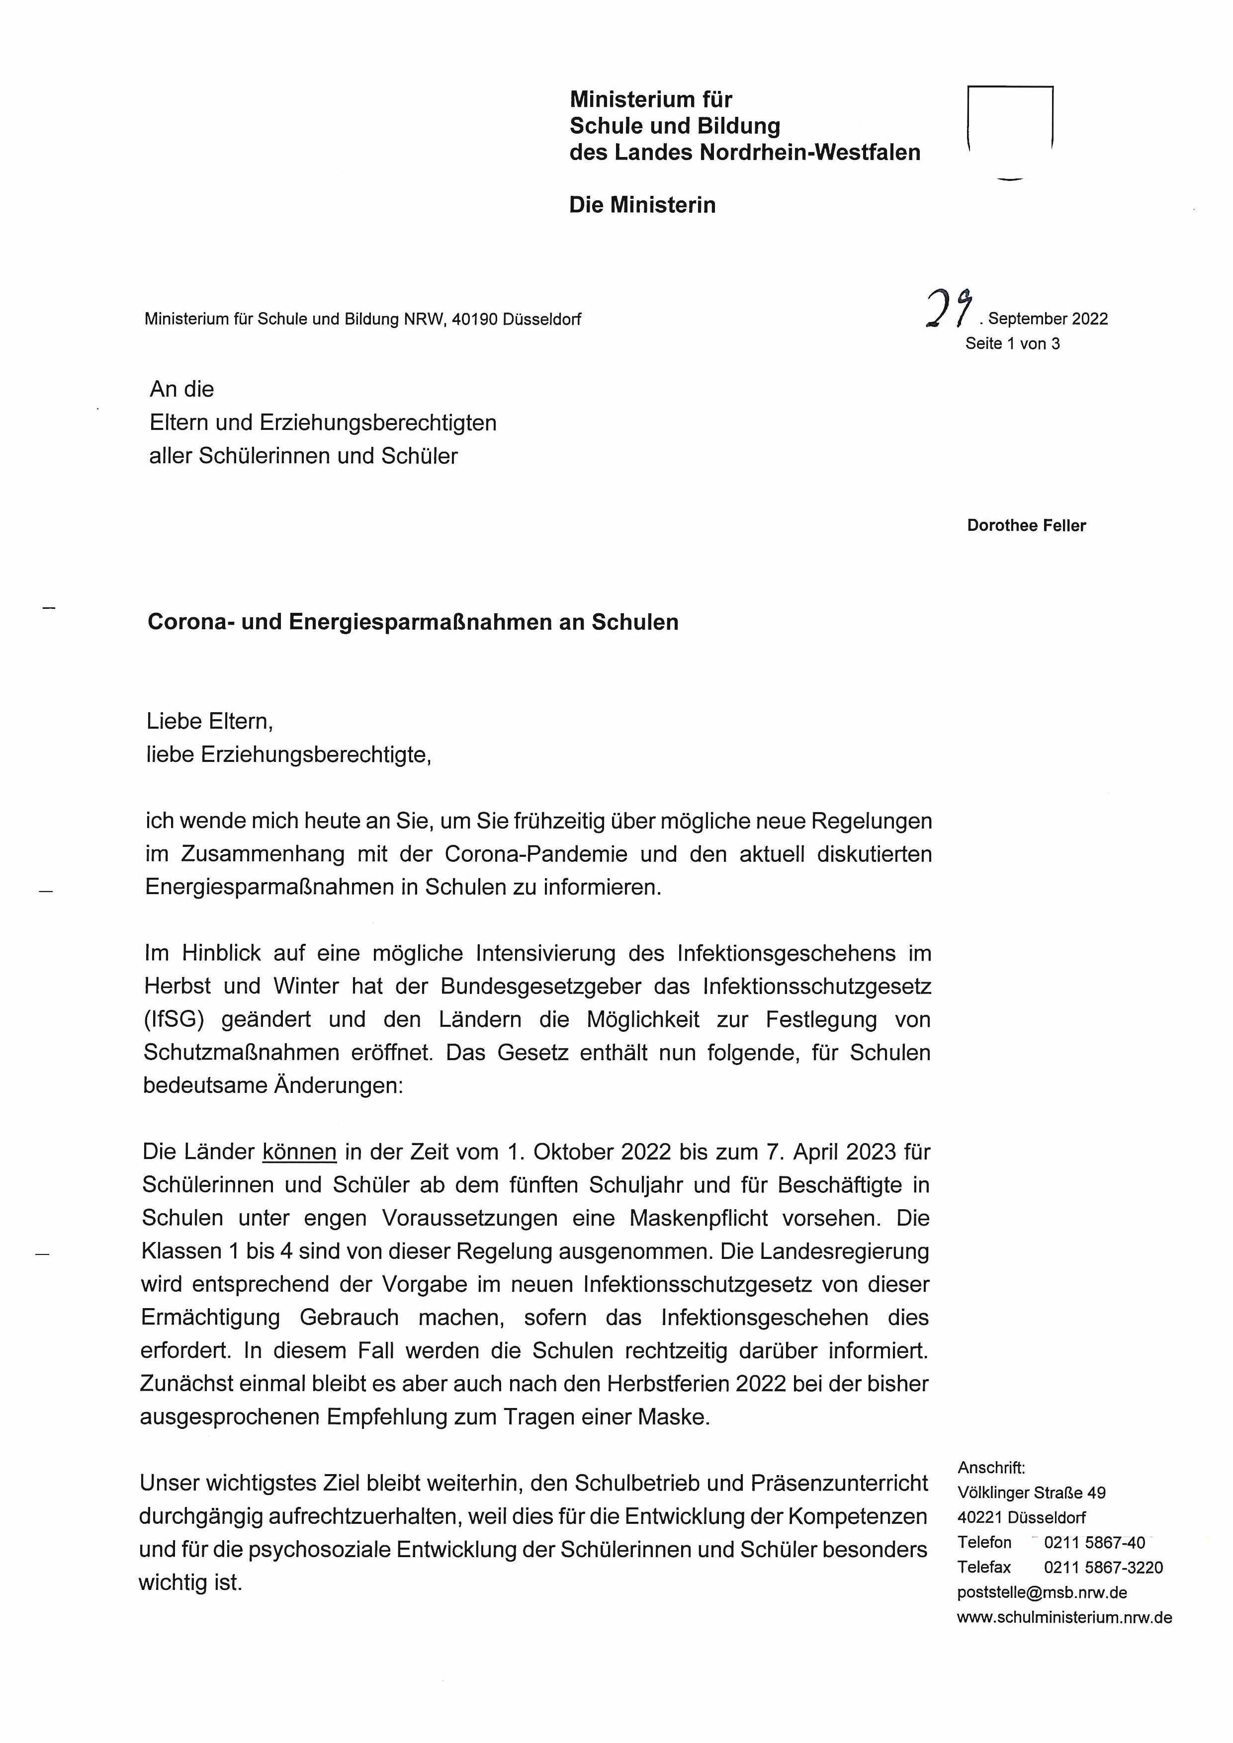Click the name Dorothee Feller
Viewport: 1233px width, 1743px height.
coord(1026,525)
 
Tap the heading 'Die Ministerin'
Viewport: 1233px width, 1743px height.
coord(642,205)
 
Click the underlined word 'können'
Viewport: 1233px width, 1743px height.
coord(299,1152)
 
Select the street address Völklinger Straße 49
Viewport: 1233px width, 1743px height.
coord(1031,1493)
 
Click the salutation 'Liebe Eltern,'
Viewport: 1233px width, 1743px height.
coord(209,721)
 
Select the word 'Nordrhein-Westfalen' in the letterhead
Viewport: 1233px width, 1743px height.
coord(809,153)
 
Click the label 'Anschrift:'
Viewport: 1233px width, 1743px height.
coord(991,1468)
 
